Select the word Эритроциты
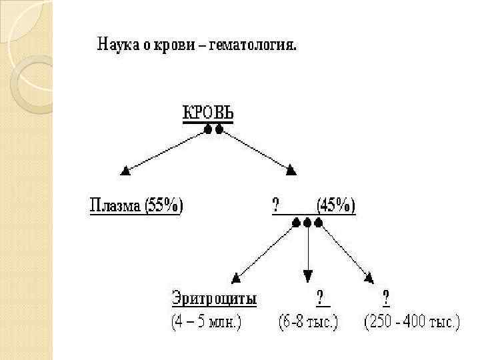click(x=214, y=298)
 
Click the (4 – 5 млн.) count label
click(x=207, y=323)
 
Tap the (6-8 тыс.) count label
click(x=308, y=323)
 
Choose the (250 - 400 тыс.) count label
click(x=411, y=323)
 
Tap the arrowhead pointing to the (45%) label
click(x=290, y=171)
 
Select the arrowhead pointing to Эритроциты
click(x=235, y=277)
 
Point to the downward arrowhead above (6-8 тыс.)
click(x=307, y=276)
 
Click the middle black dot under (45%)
click(x=307, y=223)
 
